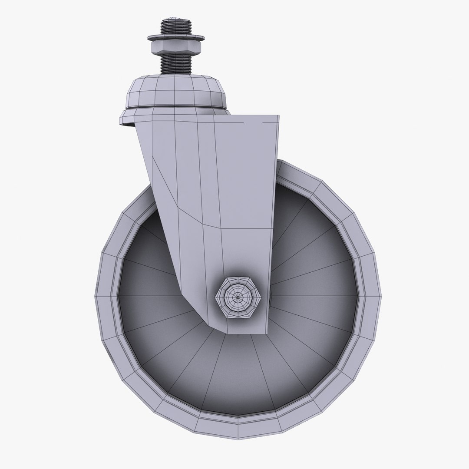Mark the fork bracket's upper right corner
(277, 116)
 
